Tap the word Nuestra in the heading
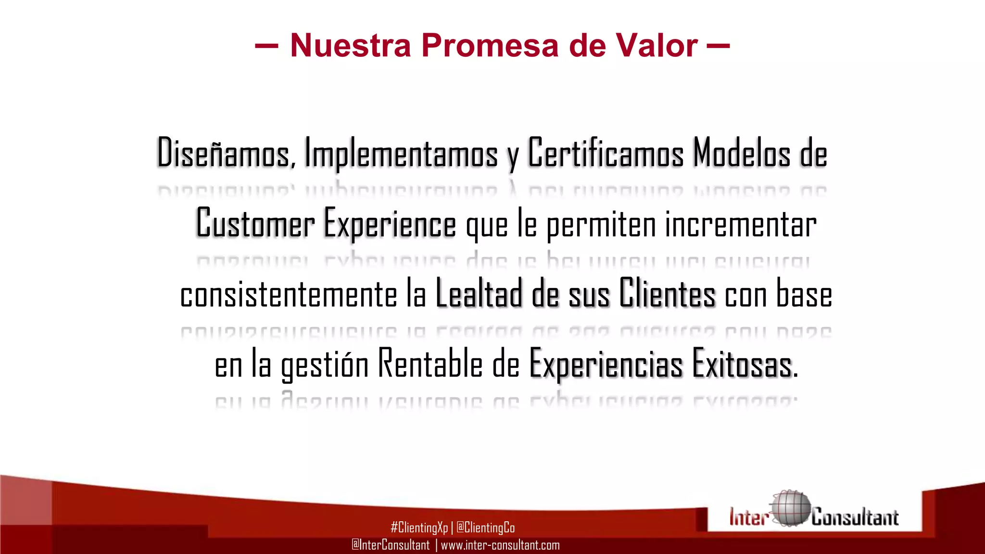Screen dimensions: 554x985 point(351,46)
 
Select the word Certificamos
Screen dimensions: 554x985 point(606,153)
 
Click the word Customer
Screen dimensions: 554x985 point(255,224)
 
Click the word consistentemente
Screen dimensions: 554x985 point(289,294)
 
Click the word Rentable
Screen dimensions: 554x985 point(430,364)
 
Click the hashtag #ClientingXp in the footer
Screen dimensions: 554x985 point(419,528)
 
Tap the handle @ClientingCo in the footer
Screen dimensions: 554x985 point(485,528)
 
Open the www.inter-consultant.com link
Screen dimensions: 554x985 point(500,545)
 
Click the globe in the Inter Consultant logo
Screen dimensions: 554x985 point(790,509)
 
